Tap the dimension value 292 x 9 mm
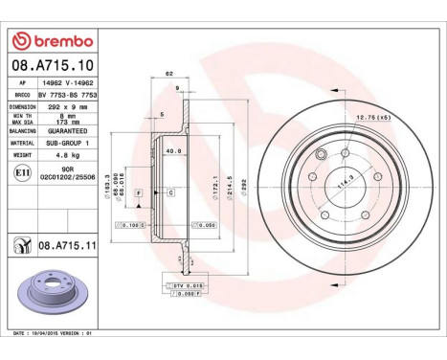point(68,107)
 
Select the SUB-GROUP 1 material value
point(68,141)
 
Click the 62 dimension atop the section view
point(169,73)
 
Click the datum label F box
point(140,193)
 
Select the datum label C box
point(170,193)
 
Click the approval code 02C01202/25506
point(68,178)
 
